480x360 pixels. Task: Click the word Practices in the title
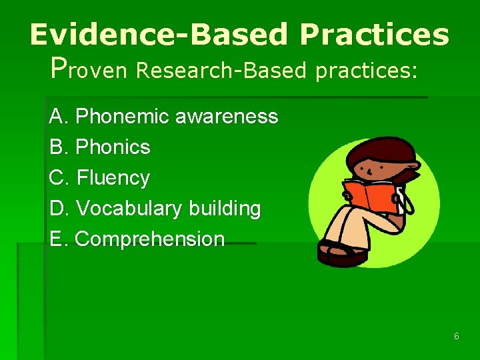[x=374, y=35]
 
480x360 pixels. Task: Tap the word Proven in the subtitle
[x=89, y=69]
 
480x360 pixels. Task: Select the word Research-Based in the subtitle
[x=221, y=70]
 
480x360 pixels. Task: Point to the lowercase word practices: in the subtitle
[x=367, y=71]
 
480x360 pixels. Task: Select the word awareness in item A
[x=226, y=117]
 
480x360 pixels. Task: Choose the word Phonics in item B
[x=113, y=147]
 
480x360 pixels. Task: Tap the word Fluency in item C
[x=113, y=178]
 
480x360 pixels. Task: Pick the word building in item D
[x=224, y=209]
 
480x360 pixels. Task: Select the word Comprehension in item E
[x=150, y=239]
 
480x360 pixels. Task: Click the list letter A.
[x=56, y=117]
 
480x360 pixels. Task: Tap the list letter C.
[x=57, y=178]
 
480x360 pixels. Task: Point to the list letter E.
[x=56, y=239]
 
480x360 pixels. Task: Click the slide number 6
[x=457, y=337]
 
